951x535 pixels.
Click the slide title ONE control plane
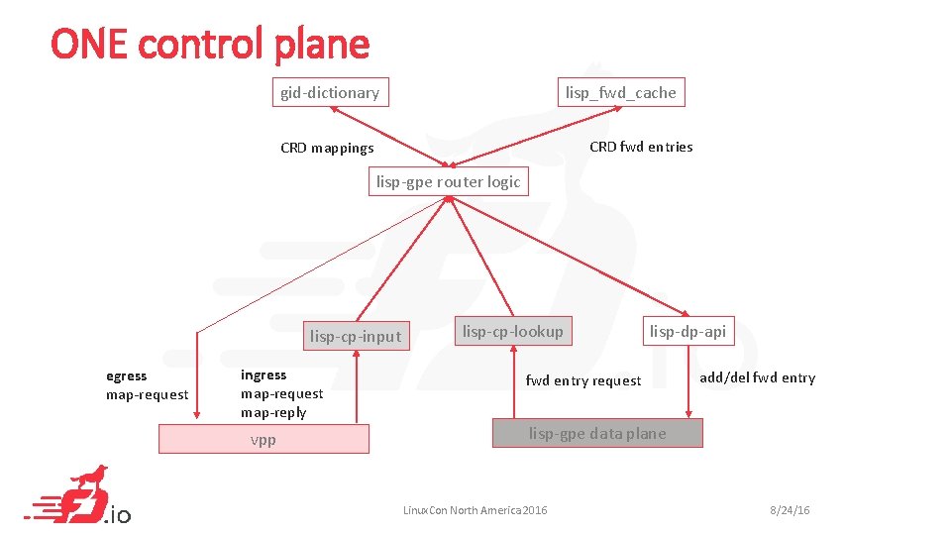pos(210,44)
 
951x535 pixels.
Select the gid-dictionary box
pos(330,92)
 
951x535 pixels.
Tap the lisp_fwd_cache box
pos(620,92)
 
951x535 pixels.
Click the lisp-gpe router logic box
pos(448,181)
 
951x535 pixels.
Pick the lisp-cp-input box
pos(356,336)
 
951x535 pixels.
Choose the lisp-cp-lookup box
pos(512,331)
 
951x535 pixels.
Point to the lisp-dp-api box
pos(687,331)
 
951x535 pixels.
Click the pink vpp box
pos(264,439)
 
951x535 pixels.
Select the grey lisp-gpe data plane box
pos(597,433)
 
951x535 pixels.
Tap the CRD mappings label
pos(327,149)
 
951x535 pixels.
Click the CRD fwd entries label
pos(641,147)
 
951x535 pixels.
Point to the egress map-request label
pos(147,385)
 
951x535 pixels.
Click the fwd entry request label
pos(582,380)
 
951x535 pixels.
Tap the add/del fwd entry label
pos(757,377)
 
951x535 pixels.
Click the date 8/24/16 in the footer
pos(790,510)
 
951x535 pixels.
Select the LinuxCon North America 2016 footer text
pos(475,510)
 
